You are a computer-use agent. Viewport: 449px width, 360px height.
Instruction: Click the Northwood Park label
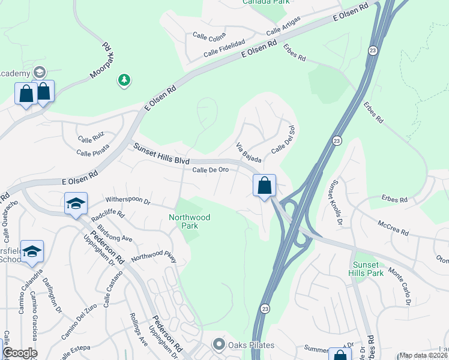tap(190, 222)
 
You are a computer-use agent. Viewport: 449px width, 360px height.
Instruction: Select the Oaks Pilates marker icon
tap(219, 345)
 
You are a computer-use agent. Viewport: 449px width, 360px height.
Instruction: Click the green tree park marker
tap(124, 80)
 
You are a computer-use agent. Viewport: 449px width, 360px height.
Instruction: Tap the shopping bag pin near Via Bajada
tap(264, 185)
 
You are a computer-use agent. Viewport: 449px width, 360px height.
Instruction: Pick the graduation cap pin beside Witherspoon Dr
tap(76, 203)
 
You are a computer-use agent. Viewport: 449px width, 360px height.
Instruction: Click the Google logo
tap(20, 353)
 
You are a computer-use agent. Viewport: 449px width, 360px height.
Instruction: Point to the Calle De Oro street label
tap(210, 170)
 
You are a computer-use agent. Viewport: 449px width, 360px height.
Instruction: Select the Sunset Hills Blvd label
tap(161, 154)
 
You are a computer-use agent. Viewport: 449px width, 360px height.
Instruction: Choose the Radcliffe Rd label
tap(107, 214)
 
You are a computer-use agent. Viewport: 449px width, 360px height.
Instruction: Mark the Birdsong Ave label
tap(115, 234)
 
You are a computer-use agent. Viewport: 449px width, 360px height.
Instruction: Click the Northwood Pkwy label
tap(154, 257)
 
